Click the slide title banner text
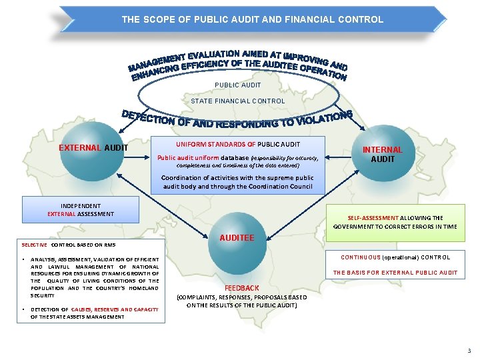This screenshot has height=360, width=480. click(252, 20)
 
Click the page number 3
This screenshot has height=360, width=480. click(469, 351)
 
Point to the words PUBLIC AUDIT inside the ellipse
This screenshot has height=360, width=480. click(238, 85)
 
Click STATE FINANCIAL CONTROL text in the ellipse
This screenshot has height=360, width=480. click(238, 101)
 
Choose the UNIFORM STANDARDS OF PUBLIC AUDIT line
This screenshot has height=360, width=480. click(238, 144)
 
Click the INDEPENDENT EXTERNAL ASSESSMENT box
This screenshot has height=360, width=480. click(81, 210)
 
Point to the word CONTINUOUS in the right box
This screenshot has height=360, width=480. click(361, 257)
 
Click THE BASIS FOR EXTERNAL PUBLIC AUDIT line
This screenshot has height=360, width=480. click(395, 272)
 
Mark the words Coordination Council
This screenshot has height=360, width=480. click(287, 187)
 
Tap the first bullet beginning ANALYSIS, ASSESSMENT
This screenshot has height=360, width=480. click(94, 277)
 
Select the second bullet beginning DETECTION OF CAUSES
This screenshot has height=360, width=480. click(94, 313)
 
